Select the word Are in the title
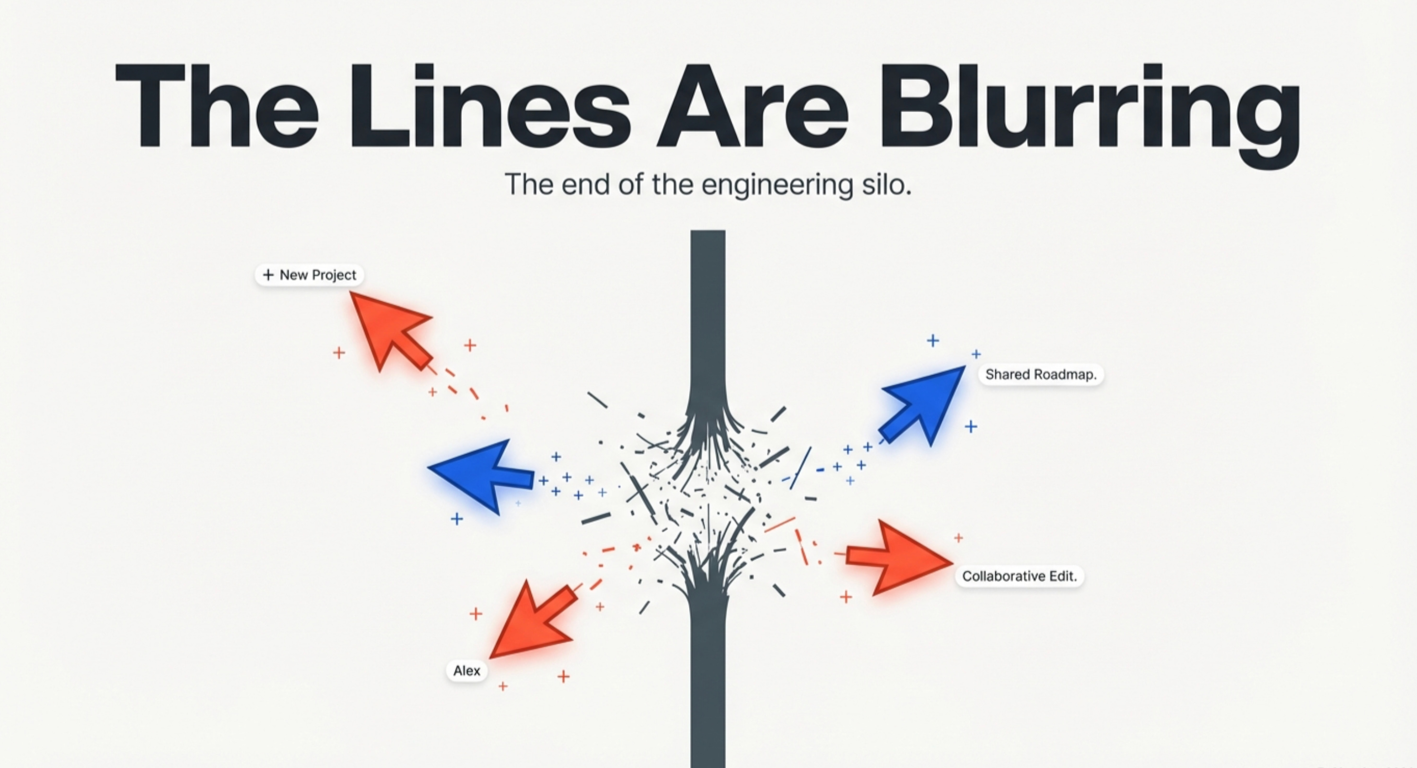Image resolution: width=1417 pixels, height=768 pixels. click(753, 107)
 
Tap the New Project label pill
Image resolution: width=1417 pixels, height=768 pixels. click(309, 275)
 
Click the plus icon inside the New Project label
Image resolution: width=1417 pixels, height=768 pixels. click(268, 275)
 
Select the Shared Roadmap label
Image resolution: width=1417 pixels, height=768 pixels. click(1041, 375)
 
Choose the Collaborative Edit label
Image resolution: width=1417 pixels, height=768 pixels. click(1019, 576)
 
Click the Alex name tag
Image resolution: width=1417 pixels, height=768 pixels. click(467, 671)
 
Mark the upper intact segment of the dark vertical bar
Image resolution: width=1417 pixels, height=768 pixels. click(708, 314)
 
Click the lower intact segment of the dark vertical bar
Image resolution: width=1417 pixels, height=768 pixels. click(708, 687)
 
